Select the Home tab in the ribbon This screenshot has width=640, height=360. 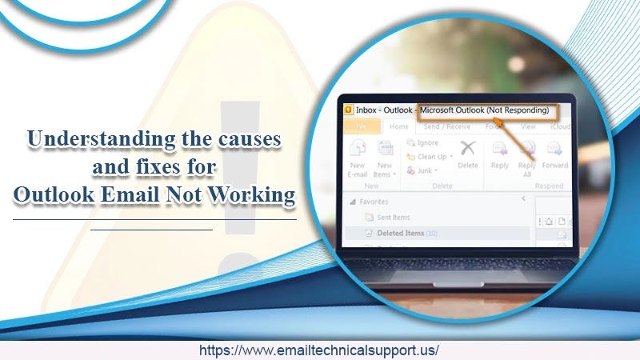tap(398, 126)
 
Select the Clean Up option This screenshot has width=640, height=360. tap(430, 157)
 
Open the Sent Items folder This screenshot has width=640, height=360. tap(391, 217)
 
